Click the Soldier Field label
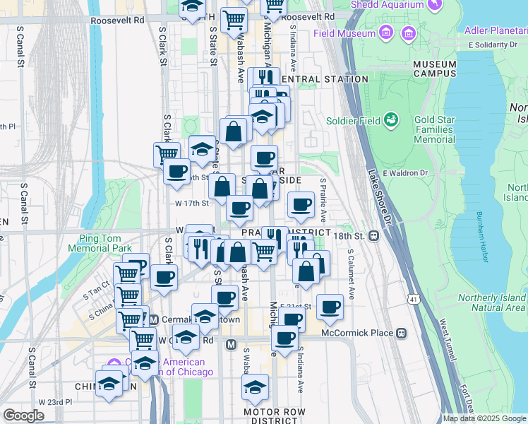pos(353,120)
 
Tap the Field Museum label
pos(344,33)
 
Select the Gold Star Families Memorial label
pos(434,130)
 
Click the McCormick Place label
pos(356,333)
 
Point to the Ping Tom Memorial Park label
pos(100,242)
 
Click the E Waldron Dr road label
pos(405,172)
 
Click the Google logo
pos(23,416)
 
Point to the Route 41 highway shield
pos(413,300)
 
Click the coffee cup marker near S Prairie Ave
pos(301,205)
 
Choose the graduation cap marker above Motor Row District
pos(255,387)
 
